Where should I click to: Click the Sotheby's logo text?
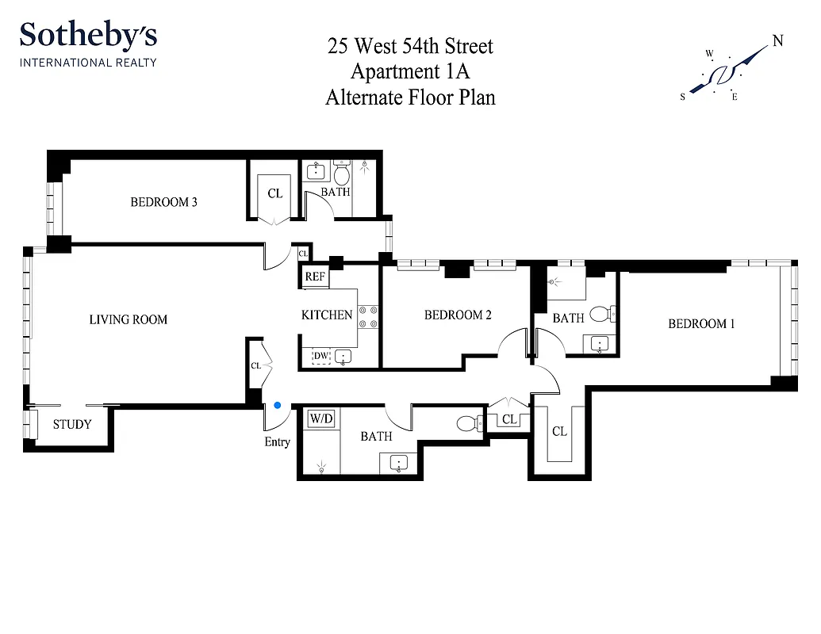coord(88,36)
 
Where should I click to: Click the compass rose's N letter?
coord(778,41)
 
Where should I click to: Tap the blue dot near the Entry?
coord(277,405)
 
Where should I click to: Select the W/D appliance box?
coord(320,418)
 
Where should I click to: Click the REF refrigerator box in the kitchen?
coord(315,277)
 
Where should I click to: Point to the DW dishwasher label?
coord(320,357)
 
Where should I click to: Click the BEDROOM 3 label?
coord(163,202)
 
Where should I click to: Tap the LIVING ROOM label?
coord(128,319)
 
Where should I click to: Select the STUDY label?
coord(72,424)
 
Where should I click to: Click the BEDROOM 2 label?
coord(458,315)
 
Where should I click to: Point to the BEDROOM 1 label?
coord(701,323)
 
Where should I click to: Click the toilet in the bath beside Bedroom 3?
coord(342,173)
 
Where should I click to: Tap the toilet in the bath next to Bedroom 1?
coord(602,314)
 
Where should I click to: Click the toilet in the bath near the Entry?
coord(470,423)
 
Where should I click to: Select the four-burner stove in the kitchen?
coord(368,317)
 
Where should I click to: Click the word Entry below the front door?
coord(277,441)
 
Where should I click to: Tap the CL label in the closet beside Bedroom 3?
coord(274,193)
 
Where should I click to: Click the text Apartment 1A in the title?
coord(410,71)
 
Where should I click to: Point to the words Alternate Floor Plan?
coord(410,97)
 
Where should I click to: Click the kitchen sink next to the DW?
coord(343,357)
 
